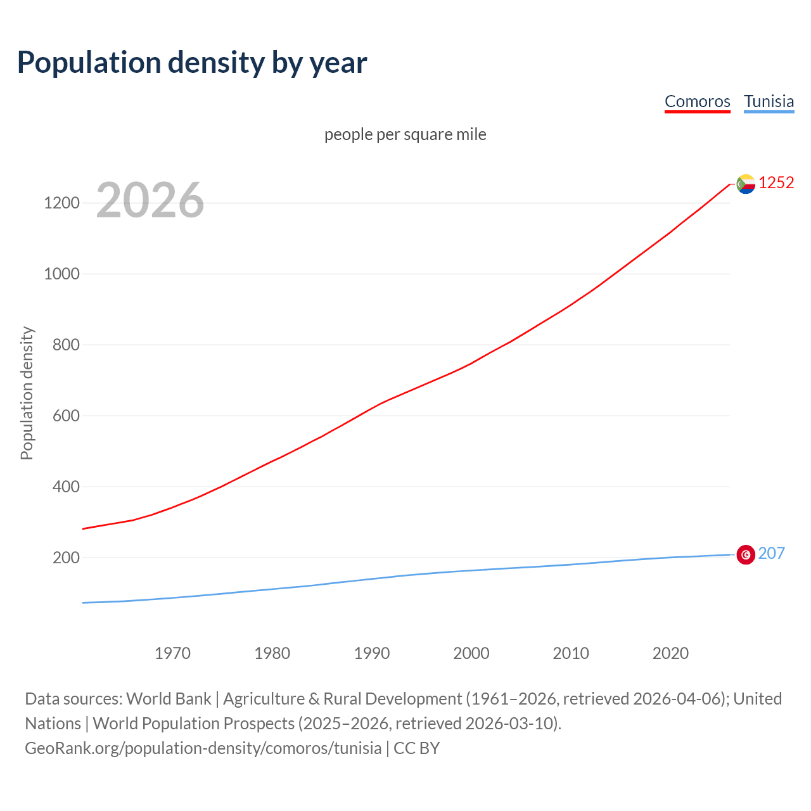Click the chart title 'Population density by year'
tap(192, 63)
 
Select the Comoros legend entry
tap(697, 101)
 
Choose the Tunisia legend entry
tap(769, 101)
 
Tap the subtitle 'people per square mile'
tap(405, 134)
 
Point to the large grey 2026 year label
tap(150, 200)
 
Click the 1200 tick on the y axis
tap(61, 203)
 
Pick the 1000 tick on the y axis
tap(61, 274)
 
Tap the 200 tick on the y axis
tap(66, 558)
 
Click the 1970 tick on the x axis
tap(172, 653)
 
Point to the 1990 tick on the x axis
tap(372, 653)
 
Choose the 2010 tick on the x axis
tap(571, 653)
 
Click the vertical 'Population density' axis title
tap(27, 393)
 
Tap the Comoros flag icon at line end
tap(746, 184)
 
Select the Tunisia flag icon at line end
tap(746, 554)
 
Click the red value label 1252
tap(776, 183)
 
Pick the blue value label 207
tap(771, 554)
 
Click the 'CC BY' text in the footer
tap(416, 748)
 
